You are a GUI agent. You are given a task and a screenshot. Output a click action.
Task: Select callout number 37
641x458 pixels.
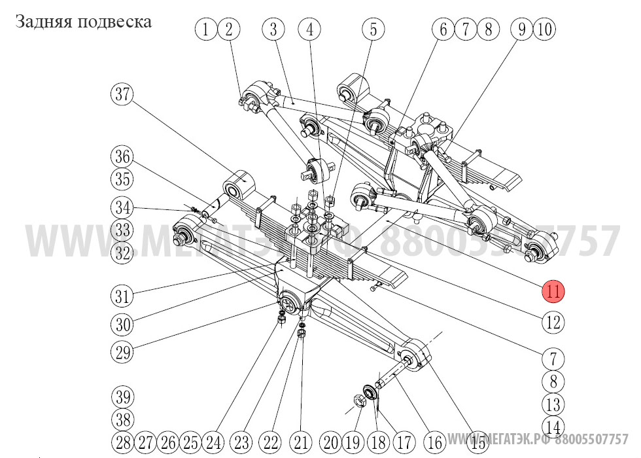(122, 94)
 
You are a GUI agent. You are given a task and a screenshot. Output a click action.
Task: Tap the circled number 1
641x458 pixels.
(205, 29)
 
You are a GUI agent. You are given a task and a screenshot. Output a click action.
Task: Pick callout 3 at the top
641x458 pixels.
(273, 29)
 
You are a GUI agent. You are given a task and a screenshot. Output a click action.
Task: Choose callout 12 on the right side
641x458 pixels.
(553, 322)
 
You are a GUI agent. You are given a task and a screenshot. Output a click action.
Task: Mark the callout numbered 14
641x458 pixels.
(553, 427)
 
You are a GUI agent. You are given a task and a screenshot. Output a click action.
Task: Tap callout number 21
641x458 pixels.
(302, 442)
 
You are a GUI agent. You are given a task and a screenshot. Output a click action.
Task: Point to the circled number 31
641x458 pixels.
(122, 296)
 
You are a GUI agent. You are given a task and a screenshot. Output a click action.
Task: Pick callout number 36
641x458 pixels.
(122, 157)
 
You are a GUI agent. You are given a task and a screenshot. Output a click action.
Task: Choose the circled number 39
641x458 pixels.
(122, 396)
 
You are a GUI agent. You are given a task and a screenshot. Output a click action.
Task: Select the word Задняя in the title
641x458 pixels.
(43, 22)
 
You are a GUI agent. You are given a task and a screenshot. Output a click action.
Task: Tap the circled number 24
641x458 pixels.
(213, 442)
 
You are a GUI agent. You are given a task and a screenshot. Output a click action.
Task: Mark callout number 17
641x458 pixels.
(404, 442)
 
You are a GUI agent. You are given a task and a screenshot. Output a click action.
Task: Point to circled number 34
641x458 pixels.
(122, 208)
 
